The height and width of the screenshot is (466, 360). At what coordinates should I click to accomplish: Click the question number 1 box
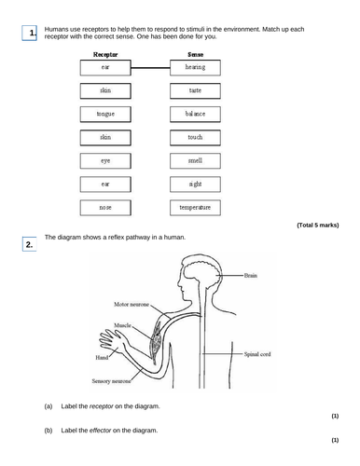point(31,34)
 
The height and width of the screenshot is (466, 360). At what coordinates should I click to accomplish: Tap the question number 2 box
point(31,245)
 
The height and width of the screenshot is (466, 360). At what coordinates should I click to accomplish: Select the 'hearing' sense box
point(195,68)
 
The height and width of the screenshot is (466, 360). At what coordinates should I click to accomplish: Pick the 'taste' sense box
point(195,90)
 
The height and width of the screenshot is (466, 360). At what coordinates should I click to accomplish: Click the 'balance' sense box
point(195,114)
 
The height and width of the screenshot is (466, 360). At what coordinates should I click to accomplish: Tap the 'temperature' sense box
point(195,206)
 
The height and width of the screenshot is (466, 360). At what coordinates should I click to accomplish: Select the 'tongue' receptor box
point(104,114)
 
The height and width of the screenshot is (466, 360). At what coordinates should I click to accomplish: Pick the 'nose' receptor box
point(104,206)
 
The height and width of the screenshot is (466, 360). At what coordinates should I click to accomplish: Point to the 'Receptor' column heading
point(104,54)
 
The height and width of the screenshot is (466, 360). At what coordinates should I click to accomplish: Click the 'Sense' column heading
point(195,54)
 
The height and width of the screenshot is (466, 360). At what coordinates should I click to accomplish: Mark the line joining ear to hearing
point(150,68)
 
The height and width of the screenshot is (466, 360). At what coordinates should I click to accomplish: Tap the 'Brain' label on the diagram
point(253,277)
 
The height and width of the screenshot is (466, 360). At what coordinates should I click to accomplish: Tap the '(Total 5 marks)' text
point(317,226)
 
